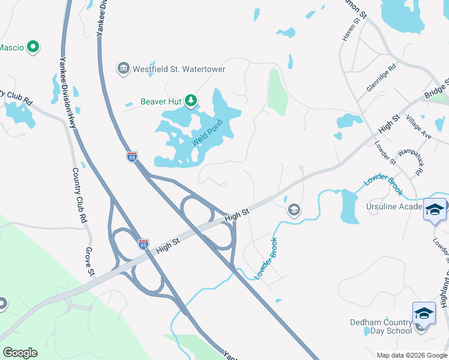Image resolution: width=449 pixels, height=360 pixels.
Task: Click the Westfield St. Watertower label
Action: [x=179, y=69]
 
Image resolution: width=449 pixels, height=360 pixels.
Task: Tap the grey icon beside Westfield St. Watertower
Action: [x=124, y=68]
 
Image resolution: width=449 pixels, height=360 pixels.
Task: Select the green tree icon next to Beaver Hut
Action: [x=191, y=100]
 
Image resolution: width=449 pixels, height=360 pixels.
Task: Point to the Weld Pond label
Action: [x=207, y=133]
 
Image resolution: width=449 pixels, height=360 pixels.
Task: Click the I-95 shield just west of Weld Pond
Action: [x=132, y=157]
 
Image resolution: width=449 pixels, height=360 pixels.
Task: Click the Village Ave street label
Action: [x=418, y=127]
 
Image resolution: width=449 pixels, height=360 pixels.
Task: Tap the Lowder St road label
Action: [x=385, y=152]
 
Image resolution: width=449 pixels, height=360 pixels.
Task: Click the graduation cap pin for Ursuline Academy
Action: [x=435, y=209]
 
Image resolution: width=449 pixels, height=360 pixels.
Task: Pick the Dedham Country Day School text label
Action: [x=381, y=326]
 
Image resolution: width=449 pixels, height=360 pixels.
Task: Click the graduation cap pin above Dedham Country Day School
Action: [x=423, y=313]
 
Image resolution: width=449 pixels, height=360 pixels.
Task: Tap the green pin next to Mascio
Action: [x=34, y=46]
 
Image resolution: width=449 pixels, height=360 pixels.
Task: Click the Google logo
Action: [x=20, y=353]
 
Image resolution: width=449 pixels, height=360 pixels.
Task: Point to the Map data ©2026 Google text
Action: [x=412, y=355]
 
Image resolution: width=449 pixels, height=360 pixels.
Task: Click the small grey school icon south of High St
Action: [x=294, y=209]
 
